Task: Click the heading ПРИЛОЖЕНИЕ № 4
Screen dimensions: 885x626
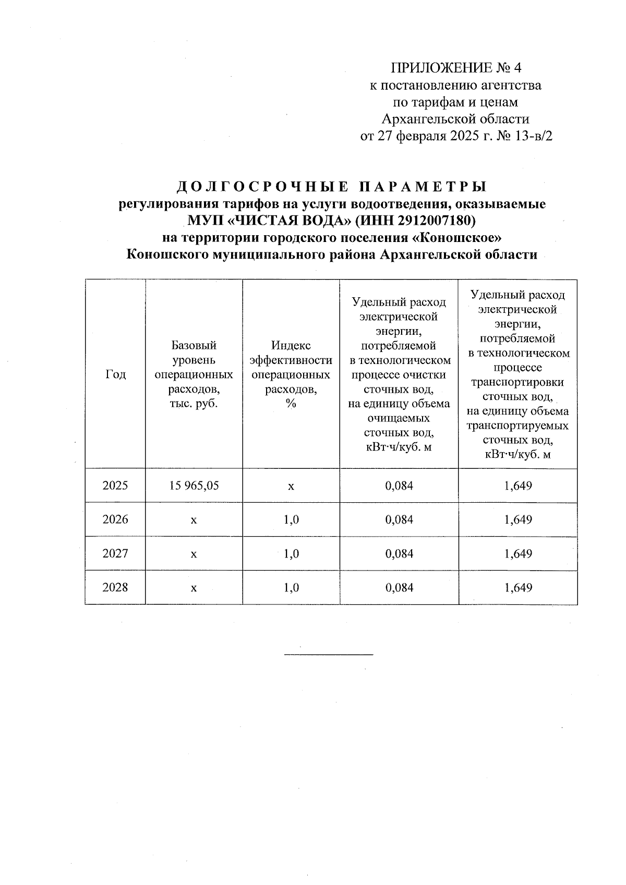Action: coord(456,68)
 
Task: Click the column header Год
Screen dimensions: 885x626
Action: coord(115,374)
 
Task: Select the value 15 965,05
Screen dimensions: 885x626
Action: coord(194,486)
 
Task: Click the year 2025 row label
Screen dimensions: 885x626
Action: coord(115,486)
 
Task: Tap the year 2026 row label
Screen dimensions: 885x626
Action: coord(115,520)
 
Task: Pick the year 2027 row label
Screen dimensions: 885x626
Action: coord(115,554)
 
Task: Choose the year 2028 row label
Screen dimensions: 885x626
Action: coord(115,588)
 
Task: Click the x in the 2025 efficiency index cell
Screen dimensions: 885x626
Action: coord(291,487)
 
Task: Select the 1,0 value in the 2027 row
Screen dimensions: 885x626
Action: coord(291,554)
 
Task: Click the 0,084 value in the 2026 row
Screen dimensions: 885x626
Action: coord(399,520)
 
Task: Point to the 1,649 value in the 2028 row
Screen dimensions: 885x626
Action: coord(518,588)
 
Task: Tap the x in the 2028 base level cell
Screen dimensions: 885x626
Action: coord(194,588)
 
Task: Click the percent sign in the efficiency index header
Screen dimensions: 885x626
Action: coord(291,404)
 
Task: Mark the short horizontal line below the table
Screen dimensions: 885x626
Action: coord(329,653)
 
